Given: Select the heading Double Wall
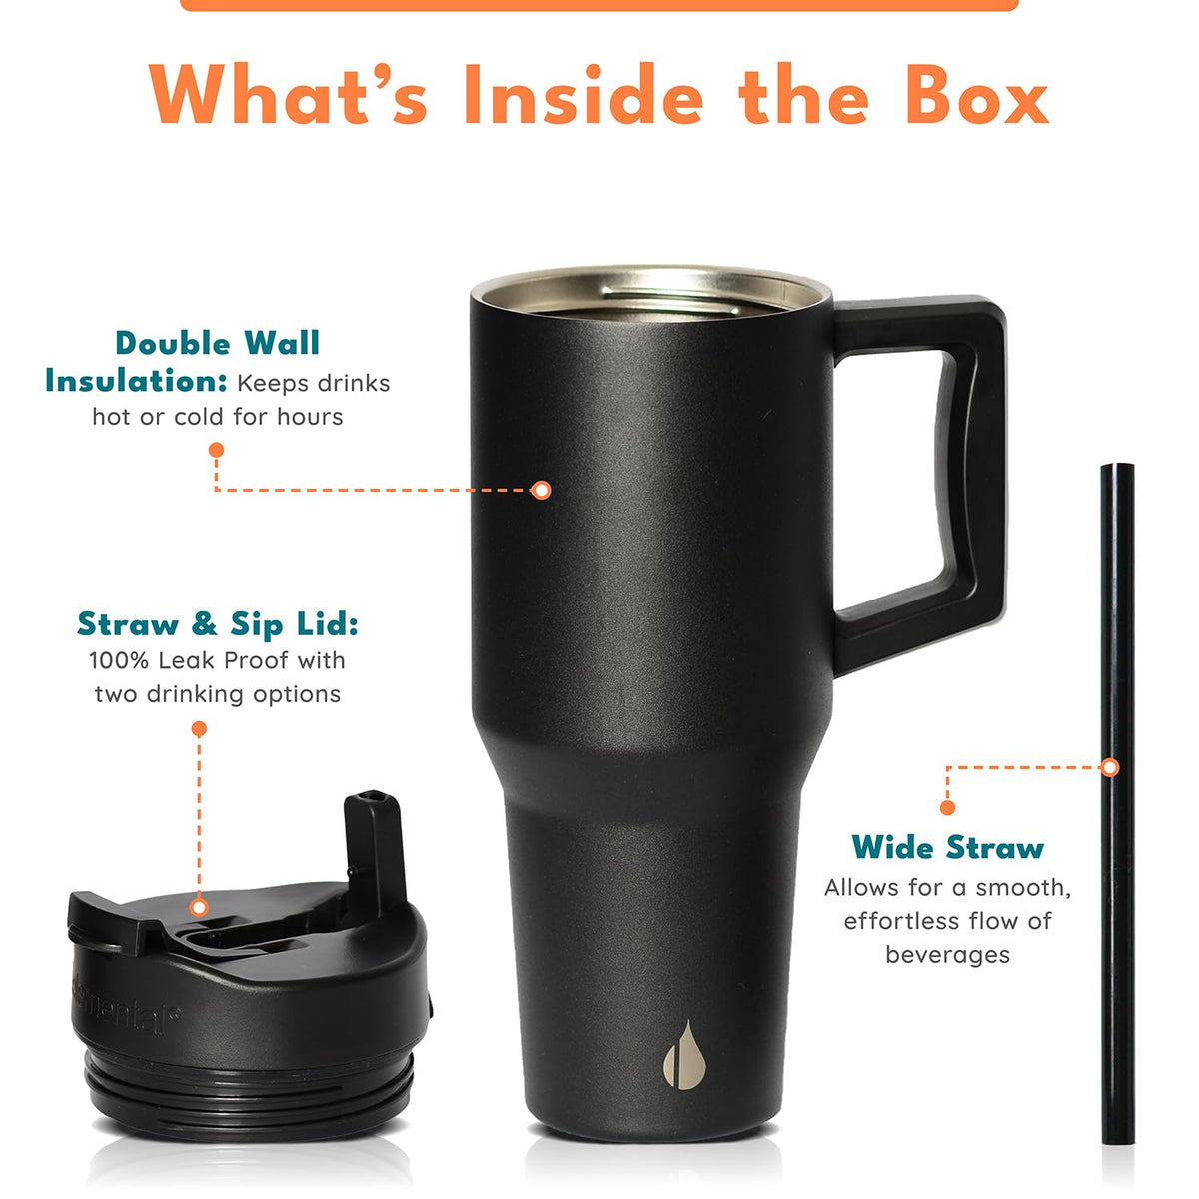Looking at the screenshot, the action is pos(217,343).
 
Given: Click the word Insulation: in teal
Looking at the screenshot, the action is pos(136,381).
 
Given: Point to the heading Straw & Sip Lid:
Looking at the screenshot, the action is pos(218,624).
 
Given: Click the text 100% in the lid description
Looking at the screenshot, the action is pos(119,660).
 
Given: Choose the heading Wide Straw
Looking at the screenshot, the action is pos(947,847).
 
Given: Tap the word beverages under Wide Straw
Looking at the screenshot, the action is pos(947,955).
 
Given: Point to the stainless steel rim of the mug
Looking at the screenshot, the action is pos(650,293).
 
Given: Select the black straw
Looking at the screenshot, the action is pos(1117,803).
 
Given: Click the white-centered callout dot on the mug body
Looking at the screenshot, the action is pos(542,490).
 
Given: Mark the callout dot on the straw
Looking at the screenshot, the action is pos(1109,767).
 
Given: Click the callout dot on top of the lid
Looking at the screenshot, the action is pos(199,908).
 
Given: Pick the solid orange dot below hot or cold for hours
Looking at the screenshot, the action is pos(216,450).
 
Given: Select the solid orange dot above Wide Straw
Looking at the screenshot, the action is pos(947,808).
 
